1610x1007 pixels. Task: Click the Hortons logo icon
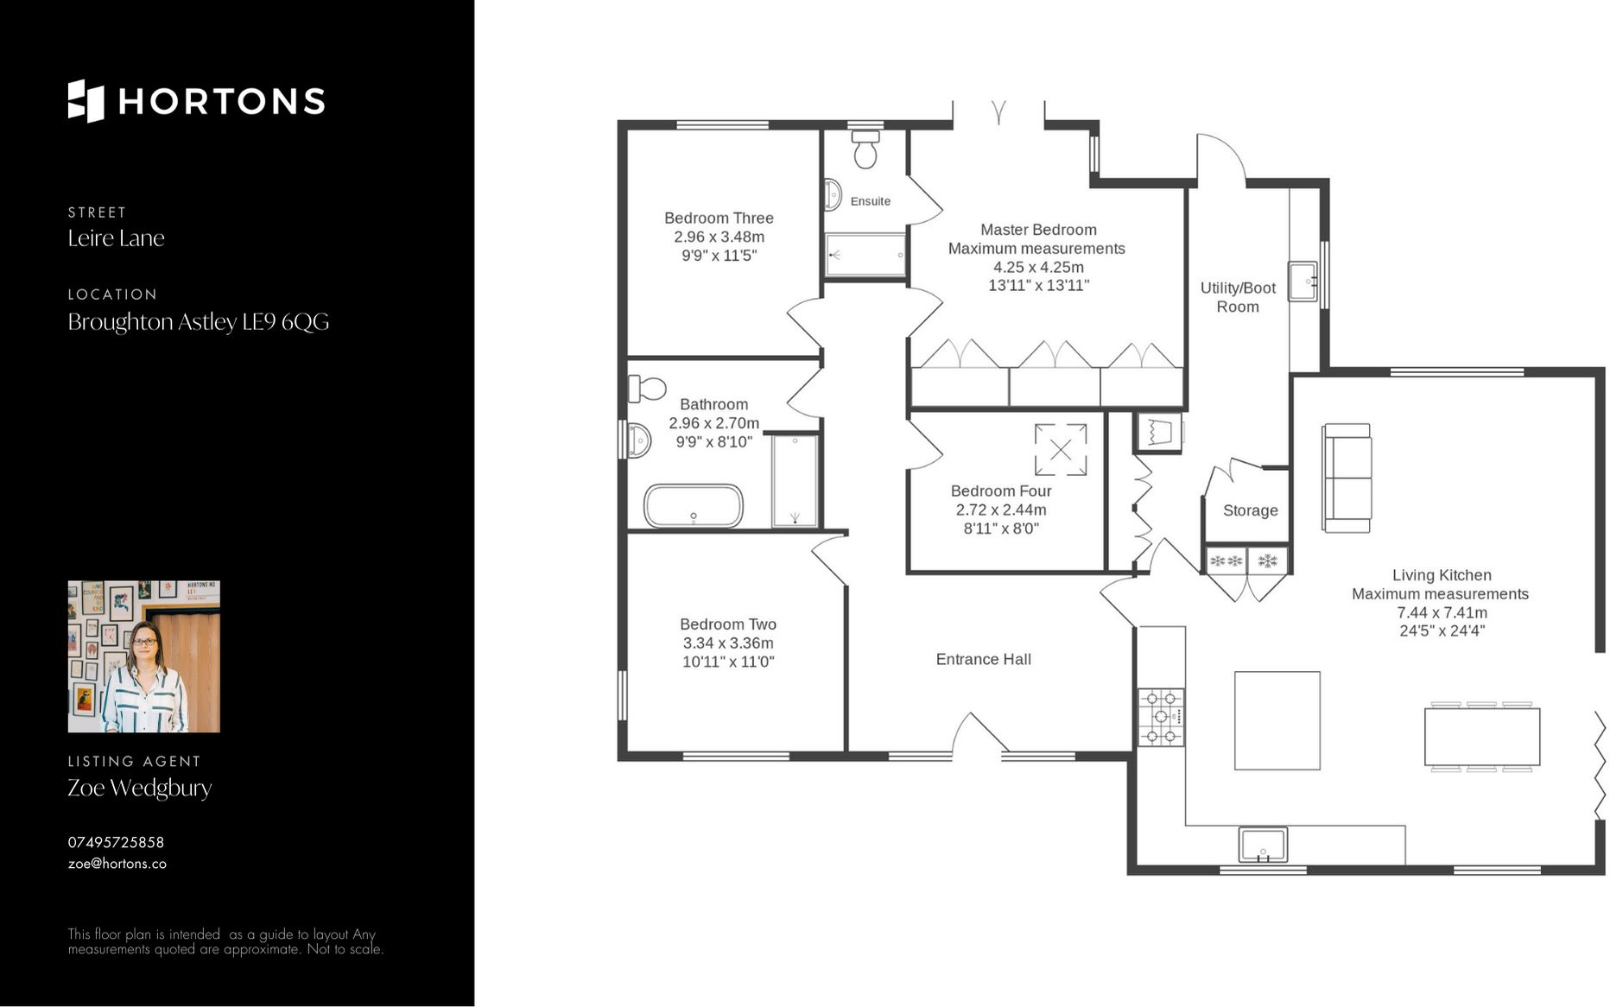tap(86, 101)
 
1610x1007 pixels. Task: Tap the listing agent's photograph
tap(143, 656)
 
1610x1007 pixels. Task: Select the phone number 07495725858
tap(116, 842)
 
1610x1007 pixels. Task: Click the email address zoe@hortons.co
tap(117, 864)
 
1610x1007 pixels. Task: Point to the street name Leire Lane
tap(116, 238)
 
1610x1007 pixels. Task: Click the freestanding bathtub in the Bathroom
tap(693, 506)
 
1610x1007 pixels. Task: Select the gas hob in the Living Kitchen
tap(1161, 717)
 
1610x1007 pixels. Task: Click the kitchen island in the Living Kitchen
tap(1277, 720)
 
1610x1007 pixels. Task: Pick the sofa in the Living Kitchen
tap(1346, 478)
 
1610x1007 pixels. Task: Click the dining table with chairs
tap(1481, 737)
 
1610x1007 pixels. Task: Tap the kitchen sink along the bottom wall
tap(1263, 844)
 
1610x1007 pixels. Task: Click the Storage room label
tap(1250, 510)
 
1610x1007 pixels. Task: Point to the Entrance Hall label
tap(983, 659)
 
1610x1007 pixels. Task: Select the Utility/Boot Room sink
tap(1302, 281)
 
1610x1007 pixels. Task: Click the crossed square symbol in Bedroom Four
tap(1061, 449)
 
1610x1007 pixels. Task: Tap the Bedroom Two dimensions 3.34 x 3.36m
tap(727, 643)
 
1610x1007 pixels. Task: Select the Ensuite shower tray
tap(865, 255)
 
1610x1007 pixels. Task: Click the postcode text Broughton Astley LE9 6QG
tap(199, 322)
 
